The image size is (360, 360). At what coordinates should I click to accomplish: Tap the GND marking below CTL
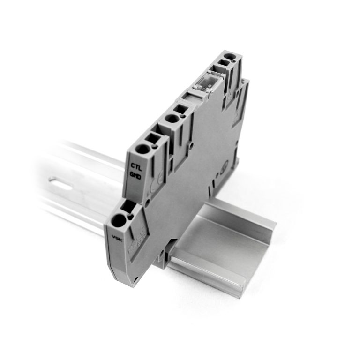[x=135, y=176]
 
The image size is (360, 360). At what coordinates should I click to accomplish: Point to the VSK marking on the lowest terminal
[x=114, y=236]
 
